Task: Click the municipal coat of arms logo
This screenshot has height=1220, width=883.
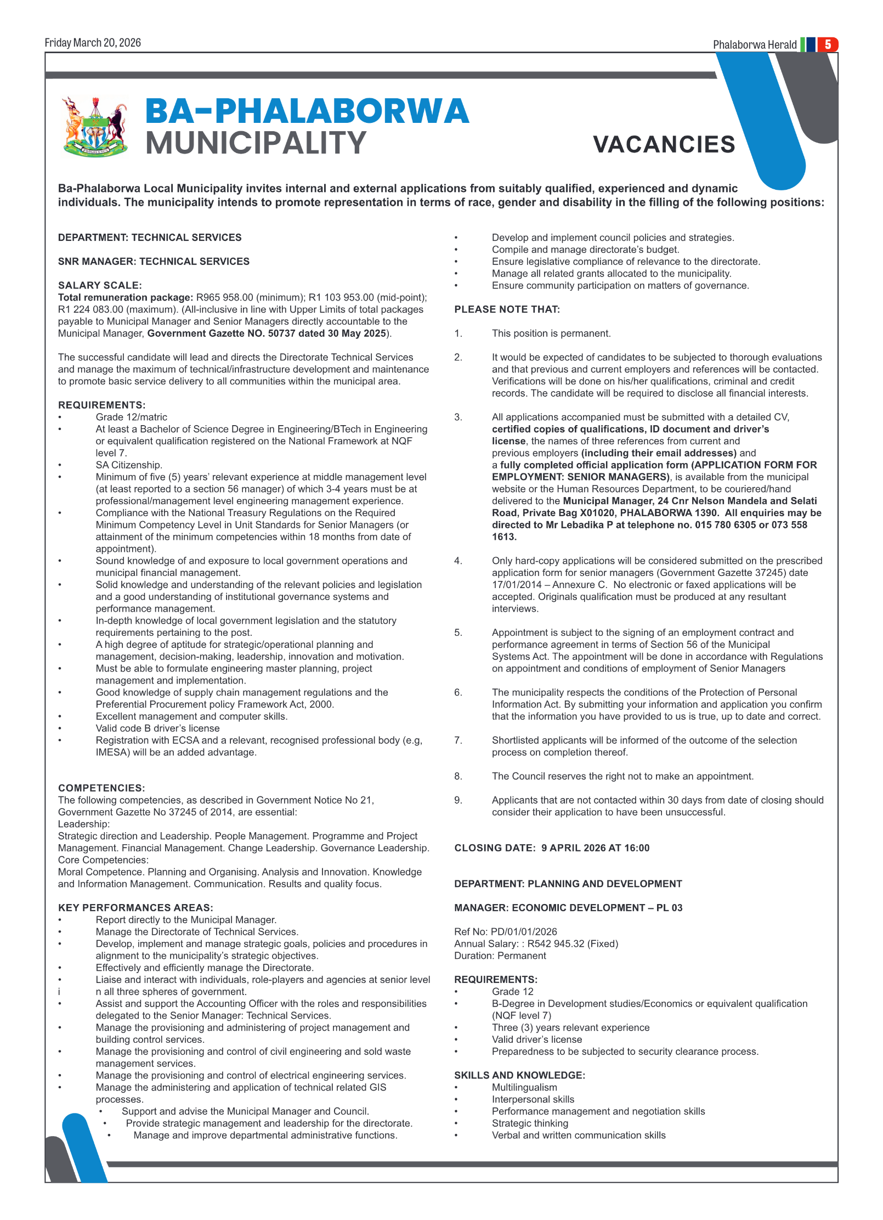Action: [x=95, y=127]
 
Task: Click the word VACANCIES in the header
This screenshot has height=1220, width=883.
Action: [x=664, y=145]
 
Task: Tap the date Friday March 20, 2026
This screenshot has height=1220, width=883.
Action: [x=93, y=43]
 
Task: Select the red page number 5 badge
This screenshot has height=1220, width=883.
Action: [x=828, y=44]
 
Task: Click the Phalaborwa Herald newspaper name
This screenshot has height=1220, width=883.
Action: [x=754, y=45]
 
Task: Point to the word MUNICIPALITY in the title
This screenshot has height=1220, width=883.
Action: [x=256, y=143]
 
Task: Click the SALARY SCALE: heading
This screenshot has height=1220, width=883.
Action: [x=100, y=285]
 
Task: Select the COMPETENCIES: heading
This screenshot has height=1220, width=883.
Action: [x=101, y=788]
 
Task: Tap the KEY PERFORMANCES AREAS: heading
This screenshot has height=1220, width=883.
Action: [x=135, y=908]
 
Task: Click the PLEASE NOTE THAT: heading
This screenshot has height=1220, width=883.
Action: [x=507, y=309]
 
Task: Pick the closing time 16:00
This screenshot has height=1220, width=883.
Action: [x=636, y=848]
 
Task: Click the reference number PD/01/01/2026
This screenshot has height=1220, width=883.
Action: [x=524, y=932]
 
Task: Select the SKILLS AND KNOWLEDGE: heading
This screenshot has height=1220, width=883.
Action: [x=519, y=1076]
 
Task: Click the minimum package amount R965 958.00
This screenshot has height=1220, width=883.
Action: [x=225, y=297]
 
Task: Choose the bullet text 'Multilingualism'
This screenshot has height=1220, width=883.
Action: [x=524, y=1088]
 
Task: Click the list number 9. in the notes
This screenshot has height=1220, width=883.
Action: [x=458, y=800]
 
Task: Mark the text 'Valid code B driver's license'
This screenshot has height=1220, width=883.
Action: [x=157, y=728]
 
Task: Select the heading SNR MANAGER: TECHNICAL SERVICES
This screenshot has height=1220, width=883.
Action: [x=154, y=262]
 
